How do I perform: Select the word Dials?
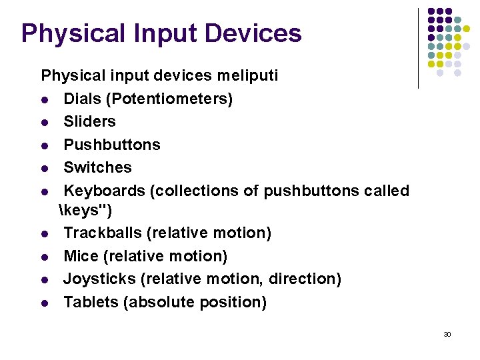click(x=83, y=99)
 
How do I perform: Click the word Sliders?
click(x=89, y=121)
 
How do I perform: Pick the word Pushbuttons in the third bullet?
click(x=112, y=145)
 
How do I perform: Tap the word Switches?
click(x=97, y=167)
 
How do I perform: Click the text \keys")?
click(x=86, y=211)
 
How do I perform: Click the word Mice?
click(x=81, y=256)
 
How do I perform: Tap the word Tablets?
click(x=91, y=302)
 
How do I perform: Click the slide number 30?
click(x=447, y=334)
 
